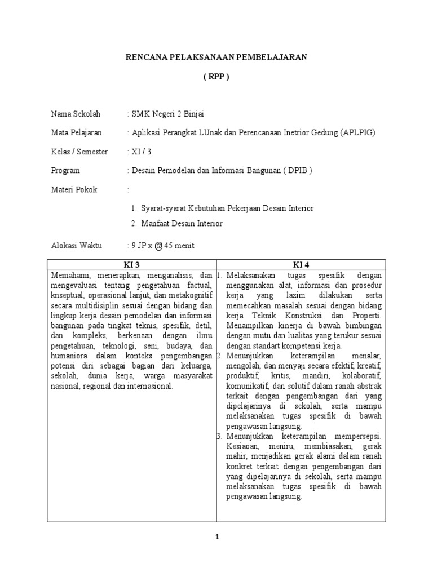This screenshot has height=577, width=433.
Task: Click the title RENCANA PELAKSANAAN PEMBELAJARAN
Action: (216, 57)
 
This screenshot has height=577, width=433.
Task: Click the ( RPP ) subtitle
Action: (216, 78)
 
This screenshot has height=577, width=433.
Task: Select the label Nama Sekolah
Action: (76, 114)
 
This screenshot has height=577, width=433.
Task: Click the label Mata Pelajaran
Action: (77, 133)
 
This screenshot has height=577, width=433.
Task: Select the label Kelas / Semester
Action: (79, 152)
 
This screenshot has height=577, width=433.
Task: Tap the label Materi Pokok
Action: (74, 189)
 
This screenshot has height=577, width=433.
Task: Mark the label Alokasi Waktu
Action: (75, 246)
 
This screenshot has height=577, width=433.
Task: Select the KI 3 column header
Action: (131, 264)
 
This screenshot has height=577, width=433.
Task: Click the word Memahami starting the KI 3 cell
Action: (70, 275)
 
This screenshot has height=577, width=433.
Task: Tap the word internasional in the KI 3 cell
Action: (147, 386)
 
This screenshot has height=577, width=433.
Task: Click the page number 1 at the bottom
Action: (216, 538)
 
